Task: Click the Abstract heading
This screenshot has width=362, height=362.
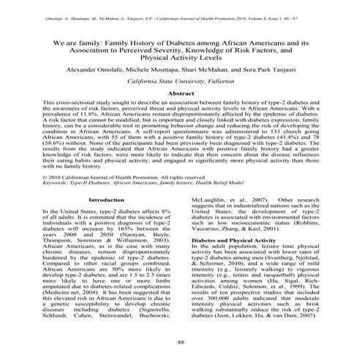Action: [181, 94]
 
